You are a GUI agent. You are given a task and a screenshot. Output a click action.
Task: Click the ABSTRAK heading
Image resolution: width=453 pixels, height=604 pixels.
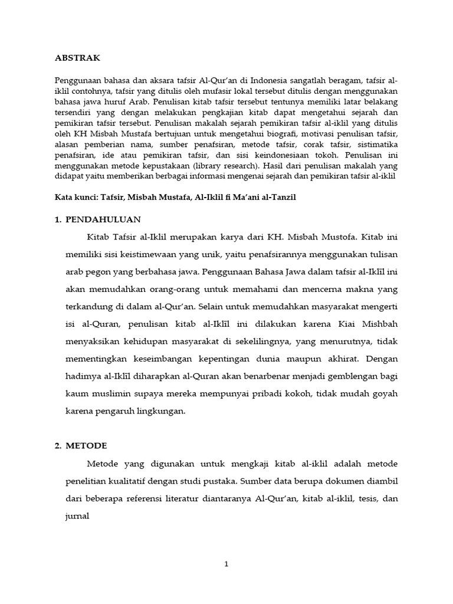pyautogui.click(x=77, y=58)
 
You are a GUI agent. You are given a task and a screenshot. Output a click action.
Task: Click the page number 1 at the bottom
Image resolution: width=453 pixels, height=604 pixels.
pyautogui.click(x=226, y=564)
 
